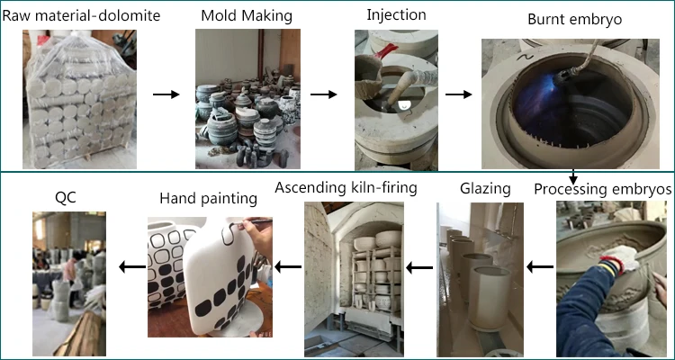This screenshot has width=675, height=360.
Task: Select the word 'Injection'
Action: pyautogui.click(x=398, y=14)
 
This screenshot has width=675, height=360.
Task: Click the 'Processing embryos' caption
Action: pyautogui.click(x=602, y=190)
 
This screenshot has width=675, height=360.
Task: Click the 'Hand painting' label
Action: pyautogui.click(x=202, y=197)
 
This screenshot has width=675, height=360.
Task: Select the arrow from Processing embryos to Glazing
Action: pyautogui.click(x=540, y=266)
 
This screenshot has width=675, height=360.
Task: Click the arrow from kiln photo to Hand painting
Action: pyautogui.click(x=288, y=266)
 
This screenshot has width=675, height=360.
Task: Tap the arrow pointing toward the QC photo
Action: pyautogui.click(x=132, y=266)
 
